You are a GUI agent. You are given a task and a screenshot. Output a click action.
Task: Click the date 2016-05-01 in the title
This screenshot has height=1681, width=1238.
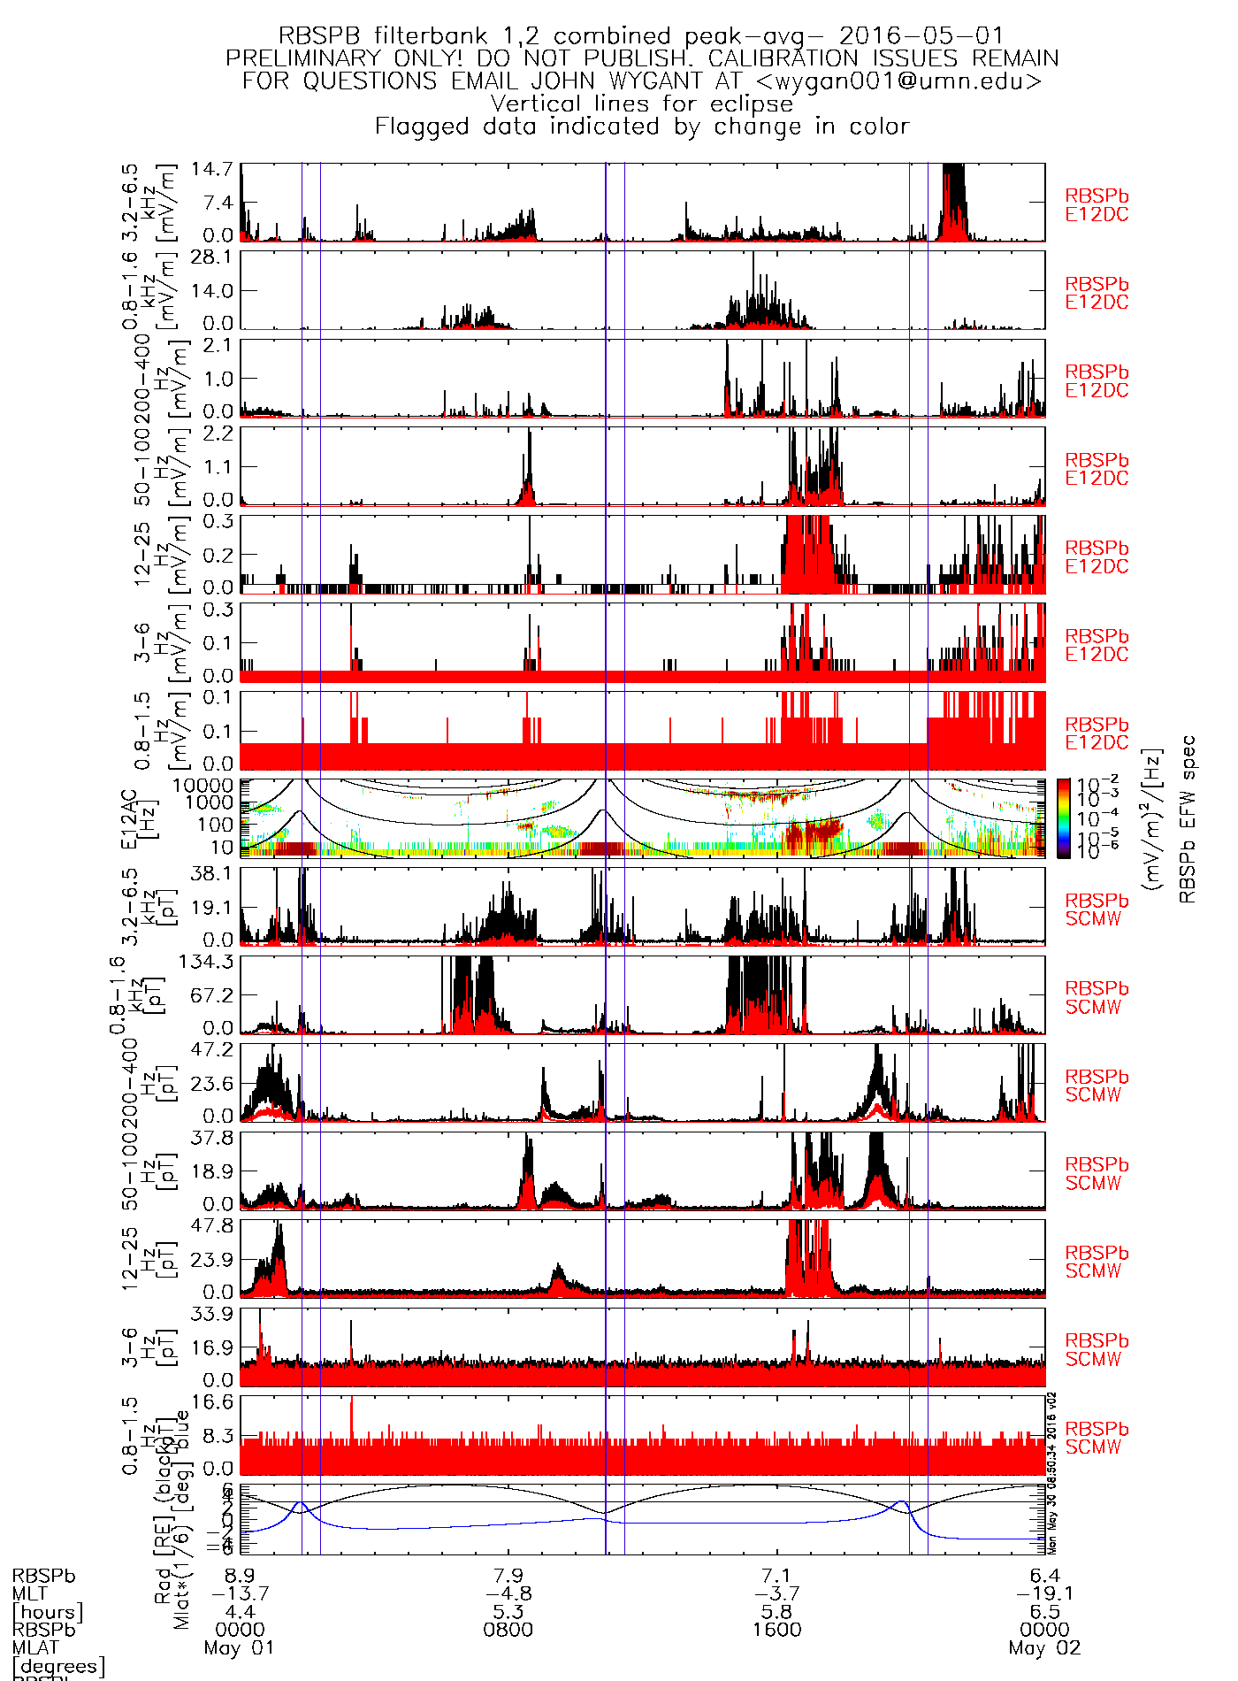[x=921, y=36]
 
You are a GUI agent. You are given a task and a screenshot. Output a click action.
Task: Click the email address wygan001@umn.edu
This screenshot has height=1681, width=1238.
[x=907, y=81]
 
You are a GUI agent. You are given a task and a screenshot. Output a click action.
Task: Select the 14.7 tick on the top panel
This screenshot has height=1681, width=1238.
[x=218, y=169]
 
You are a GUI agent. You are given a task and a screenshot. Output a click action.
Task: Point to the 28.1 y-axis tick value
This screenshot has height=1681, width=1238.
[x=218, y=257]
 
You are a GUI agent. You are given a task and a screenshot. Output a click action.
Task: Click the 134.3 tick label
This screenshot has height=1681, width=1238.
[x=212, y=962]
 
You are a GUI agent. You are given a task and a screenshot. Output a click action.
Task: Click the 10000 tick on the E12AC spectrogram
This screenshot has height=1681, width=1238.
[x=203, y=786]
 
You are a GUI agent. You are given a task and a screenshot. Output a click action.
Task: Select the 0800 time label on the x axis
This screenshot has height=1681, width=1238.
[x=508, y=1630]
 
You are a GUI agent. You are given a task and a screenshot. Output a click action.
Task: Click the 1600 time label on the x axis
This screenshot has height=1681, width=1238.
[x=777, y=1630]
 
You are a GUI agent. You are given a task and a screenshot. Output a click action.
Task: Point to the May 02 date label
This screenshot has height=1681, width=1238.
[x=1044, y=1648]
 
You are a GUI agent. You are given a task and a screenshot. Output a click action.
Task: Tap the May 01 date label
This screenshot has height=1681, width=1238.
[x=240, y=1648]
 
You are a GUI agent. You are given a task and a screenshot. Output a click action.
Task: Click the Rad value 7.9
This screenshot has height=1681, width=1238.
[x=508, y=1576]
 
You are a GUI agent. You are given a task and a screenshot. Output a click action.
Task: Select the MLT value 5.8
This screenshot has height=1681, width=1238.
[x=777, y=1612]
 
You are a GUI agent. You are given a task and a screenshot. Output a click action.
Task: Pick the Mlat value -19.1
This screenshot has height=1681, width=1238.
[x=1044, y=1593]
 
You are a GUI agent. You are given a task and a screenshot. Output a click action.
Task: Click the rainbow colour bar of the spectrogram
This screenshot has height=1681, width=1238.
[x=1064, y=818]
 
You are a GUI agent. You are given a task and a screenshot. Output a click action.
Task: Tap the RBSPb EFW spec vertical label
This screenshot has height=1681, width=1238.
[x=1188, y=818]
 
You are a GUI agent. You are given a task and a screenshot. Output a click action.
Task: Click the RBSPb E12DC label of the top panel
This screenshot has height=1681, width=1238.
[x=1097, y=205]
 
